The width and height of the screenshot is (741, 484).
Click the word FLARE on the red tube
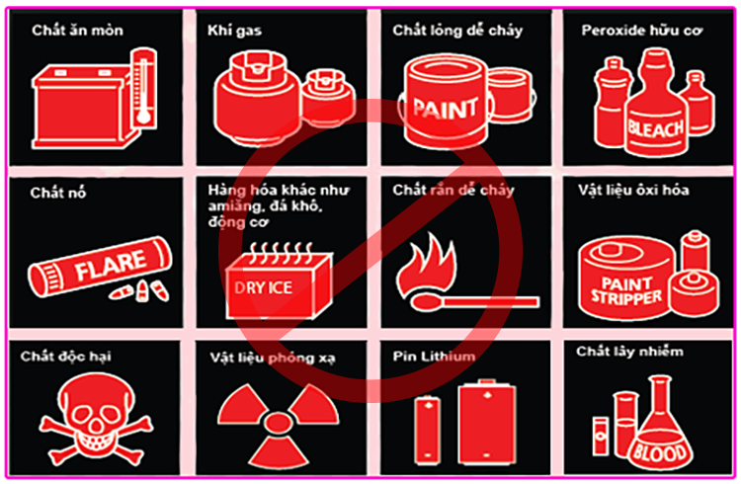pos(111,265)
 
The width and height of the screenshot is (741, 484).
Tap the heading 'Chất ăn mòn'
pos(77,31)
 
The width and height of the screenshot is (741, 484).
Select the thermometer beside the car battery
pos(143,88)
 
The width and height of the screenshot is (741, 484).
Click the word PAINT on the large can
pos(445,109)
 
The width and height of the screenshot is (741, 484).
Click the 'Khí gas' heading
pos(234,31)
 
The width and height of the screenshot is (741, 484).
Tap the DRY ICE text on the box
pos(263,287)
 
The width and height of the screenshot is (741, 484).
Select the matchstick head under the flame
pos(424,302)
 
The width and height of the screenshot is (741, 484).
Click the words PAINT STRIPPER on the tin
pos(626,290)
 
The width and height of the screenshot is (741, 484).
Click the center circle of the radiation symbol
pos(278,422)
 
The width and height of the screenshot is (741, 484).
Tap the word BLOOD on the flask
pos(660,452)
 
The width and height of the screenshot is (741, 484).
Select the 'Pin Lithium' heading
pos(434,356)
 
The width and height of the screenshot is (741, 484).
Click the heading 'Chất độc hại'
pos(65,357)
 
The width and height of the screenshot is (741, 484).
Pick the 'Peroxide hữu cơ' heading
pos(642,31)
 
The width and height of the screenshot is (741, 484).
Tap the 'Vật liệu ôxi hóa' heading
pos(633,190)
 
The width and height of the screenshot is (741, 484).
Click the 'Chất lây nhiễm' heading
pos(629,352)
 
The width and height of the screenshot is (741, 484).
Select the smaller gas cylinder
pos(327,98)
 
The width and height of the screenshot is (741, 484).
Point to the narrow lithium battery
pos(428,430)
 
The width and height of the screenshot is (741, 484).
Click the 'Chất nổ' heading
pos(58,193)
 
